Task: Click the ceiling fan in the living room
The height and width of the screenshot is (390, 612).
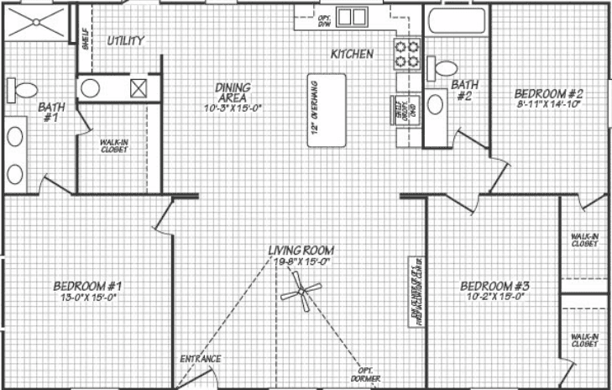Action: [x=300, y=292]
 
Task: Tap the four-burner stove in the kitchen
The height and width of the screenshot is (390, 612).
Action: [x=407, y=54]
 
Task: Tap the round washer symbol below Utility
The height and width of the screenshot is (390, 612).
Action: [x=91, y=87]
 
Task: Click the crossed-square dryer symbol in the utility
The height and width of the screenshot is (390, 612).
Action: [x=139, y=87]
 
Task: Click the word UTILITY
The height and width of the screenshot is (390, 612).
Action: [x=126, y=40]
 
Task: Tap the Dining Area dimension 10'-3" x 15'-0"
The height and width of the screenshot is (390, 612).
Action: [x=233, y=108]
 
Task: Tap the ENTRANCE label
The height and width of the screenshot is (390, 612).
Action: [x=201, y=359]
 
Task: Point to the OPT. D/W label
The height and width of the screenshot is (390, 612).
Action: [x=325, y=20]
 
